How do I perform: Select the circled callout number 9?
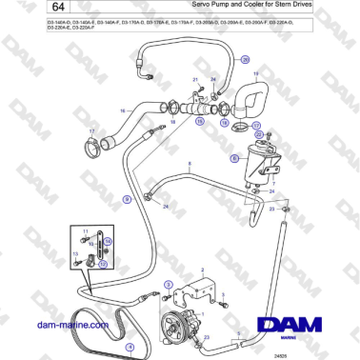point(127,198)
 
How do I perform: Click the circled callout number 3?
point(169,284)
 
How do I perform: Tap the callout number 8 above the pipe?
point(190,165)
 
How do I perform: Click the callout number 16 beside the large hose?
point(122,111)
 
